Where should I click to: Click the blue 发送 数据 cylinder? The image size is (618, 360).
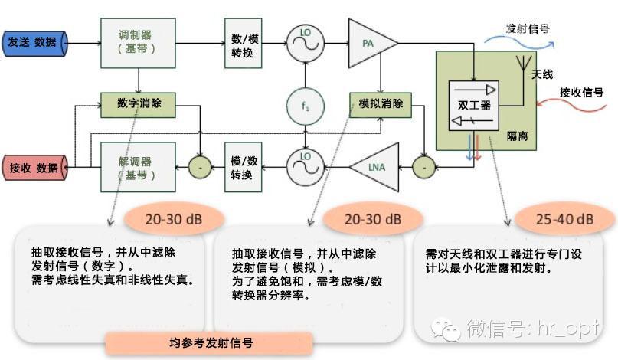coord(34,42)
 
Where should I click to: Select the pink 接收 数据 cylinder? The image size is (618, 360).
coord(34,168)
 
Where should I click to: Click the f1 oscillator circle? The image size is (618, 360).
coord(304,105)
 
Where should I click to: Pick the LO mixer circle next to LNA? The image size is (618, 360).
coord(304,165)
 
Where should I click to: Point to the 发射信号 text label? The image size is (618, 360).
coord(528,29)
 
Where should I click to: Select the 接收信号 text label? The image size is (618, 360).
coord(581,93)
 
